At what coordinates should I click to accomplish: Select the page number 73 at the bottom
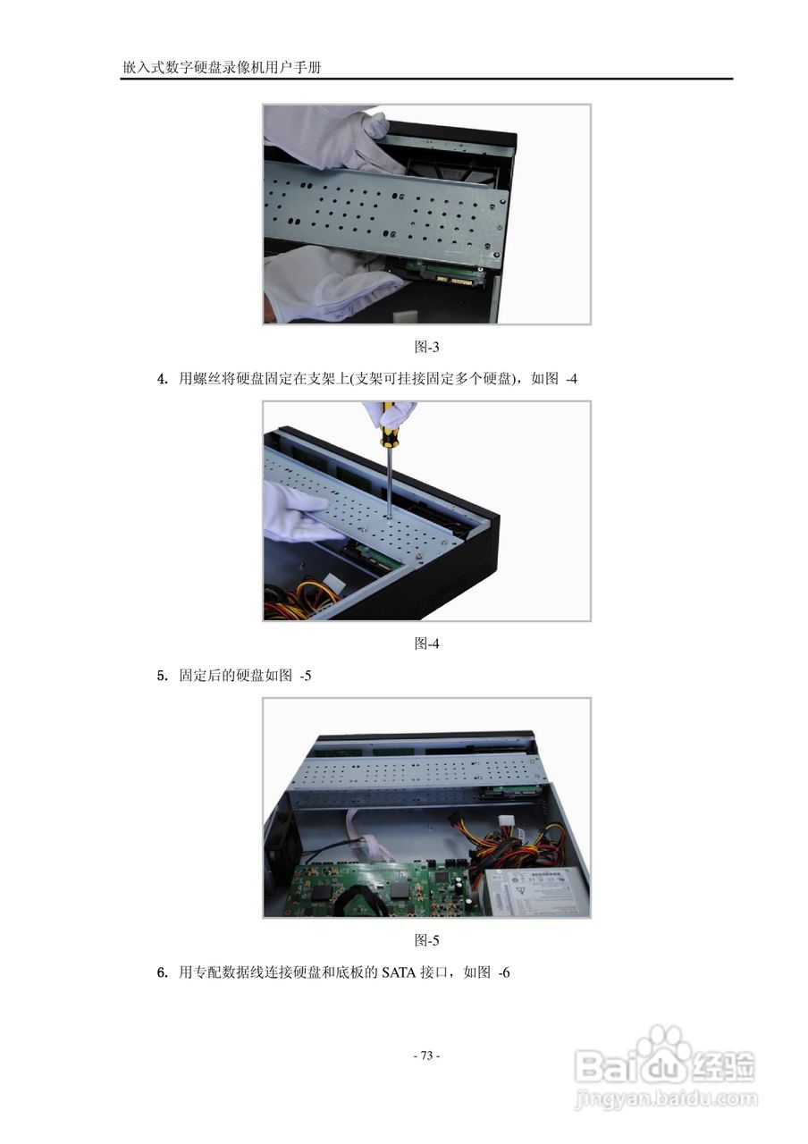[x=426, y=1056]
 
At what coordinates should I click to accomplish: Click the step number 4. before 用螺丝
[x=163, y=379]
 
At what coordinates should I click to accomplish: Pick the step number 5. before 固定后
[x=163, y=676]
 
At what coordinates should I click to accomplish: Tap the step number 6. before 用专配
[x=163, y=972]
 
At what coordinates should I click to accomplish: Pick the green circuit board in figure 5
[x=375, y=888]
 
